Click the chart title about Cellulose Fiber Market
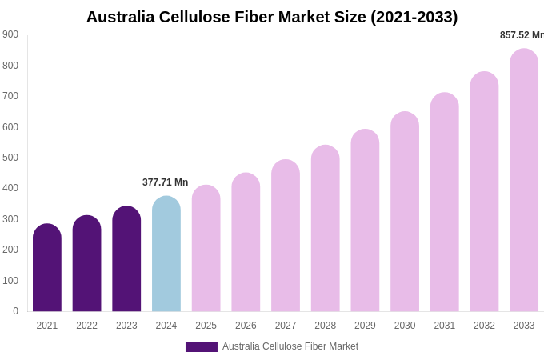coord(272,17)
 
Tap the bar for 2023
coord(126,259)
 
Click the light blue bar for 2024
coord(166,254)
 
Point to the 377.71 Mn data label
coord(166,182)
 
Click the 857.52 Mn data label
coord(521,35)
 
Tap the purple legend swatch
coord(202,347)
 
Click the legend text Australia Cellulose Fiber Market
coord(290,346)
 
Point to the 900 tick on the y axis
coord(10,34)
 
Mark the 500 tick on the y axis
coord(10,158)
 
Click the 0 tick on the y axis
coord(15,311)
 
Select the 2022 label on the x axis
coord(86,326)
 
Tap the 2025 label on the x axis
coord(206,326)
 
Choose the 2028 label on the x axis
coord(326,326)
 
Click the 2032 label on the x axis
coord(484,326)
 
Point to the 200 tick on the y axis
coord(10,250)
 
